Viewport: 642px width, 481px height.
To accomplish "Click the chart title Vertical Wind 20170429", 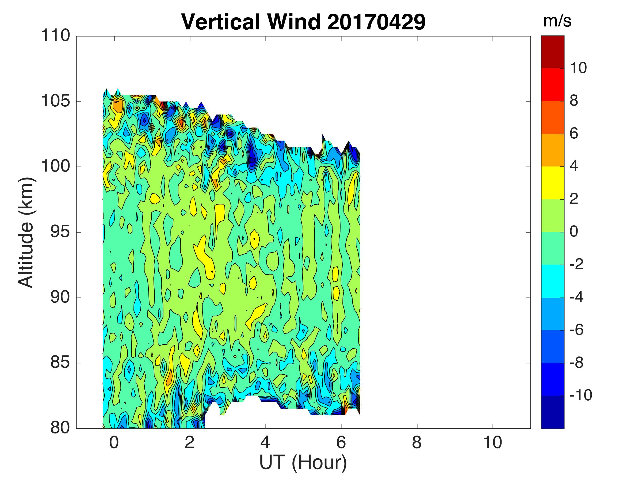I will coord(303,22).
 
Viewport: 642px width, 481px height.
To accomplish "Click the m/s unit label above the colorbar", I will coord(557,21).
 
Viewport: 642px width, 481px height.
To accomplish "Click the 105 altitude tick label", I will coord(56,101).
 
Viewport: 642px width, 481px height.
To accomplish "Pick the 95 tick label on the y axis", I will coord(60,232).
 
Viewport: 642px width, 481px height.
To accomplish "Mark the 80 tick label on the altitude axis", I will coord(60,428).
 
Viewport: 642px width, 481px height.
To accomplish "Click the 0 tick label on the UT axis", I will coord(114,443).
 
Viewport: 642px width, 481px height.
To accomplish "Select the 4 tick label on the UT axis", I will coord(265,443).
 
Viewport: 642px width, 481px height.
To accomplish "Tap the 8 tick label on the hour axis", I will coord(417,443).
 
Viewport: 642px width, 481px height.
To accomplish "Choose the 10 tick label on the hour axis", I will coord(492,443).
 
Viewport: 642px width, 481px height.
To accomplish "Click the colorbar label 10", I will coord(578,68).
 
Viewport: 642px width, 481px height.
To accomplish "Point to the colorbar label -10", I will coord(580,395).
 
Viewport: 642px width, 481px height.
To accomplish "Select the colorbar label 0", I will coord(574,232).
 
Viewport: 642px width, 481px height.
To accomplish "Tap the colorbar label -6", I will coord(576,330).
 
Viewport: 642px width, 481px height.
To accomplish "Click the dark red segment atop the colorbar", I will coord(553,52).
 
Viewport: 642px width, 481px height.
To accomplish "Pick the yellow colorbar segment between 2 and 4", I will coord(553,183).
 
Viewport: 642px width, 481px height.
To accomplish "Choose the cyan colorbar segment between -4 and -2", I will coord(553,281).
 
